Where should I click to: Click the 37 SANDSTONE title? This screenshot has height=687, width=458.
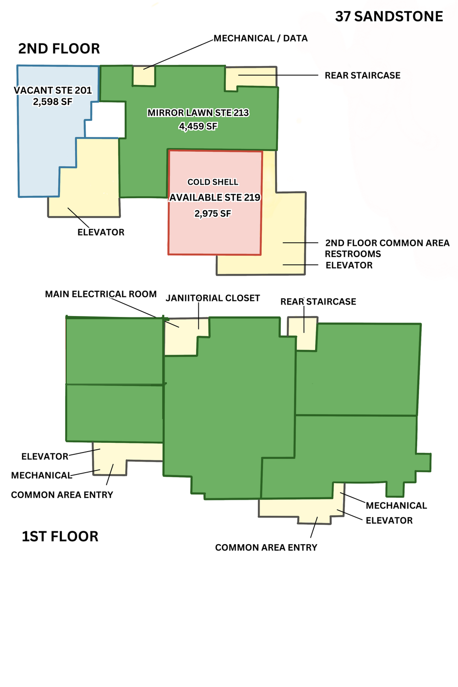point(389,16)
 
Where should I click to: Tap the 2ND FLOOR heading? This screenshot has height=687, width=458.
point(59,49)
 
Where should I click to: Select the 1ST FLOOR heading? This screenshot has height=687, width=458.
point(60,536)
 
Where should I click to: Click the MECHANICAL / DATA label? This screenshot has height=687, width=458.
point(261,38)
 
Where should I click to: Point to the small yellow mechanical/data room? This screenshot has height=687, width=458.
point(144,76)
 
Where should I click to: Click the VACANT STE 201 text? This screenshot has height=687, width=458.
point(53,90)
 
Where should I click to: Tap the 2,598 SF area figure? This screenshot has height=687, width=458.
point(53,102)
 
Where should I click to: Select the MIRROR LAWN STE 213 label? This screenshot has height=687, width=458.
point(198,113)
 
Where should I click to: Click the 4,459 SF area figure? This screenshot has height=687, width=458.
point(198,126)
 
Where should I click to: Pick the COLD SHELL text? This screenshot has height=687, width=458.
point(213,182)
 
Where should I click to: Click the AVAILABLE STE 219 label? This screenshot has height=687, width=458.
point(215,197)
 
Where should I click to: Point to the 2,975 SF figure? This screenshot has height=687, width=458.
point(213,213)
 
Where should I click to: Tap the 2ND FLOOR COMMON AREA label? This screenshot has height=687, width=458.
point(387,243)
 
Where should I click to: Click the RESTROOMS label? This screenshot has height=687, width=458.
point(353,254)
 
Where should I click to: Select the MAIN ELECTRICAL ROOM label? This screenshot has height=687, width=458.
point(101,294)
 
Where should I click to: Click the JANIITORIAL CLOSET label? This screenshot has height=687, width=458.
point(213,298)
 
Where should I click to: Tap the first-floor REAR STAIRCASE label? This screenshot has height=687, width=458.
point(318,301)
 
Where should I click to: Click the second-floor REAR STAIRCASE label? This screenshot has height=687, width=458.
point(363,76)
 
